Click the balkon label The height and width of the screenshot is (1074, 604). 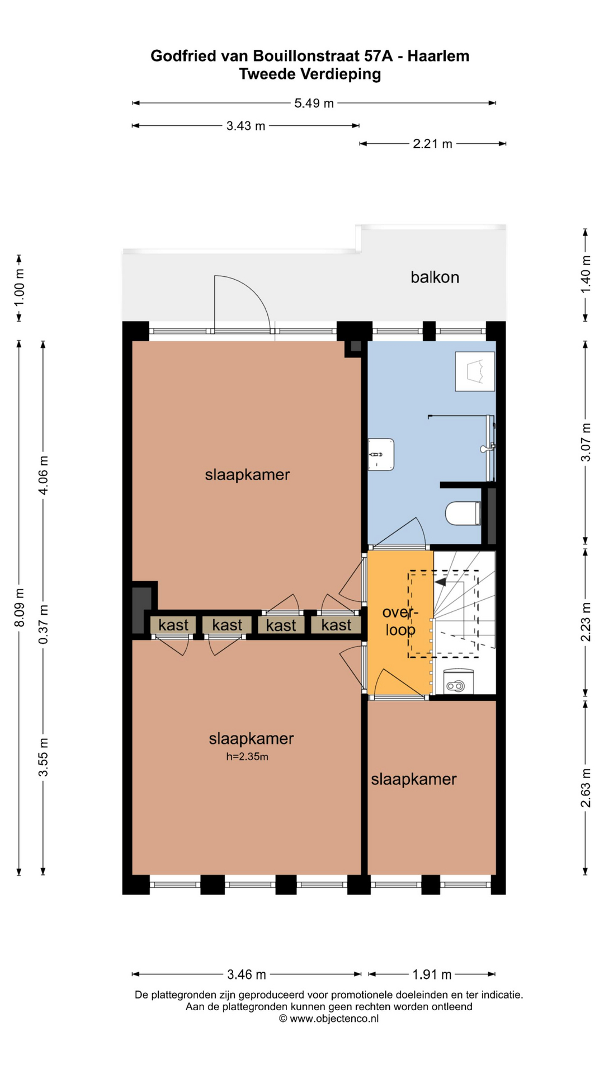435,277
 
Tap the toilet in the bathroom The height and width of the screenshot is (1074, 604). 463,514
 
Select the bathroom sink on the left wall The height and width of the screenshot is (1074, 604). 381,454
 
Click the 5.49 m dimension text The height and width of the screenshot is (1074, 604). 314,103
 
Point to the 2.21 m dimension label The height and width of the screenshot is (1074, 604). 432,144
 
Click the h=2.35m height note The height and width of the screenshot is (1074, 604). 247,757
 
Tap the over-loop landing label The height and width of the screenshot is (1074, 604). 399,621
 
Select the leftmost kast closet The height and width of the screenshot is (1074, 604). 173,625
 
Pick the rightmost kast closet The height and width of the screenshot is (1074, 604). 336,625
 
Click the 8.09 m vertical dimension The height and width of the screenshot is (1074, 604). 19,607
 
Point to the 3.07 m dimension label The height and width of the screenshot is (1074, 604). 586,442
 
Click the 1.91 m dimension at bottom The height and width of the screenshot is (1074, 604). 432,974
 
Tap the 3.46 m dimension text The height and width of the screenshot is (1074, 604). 247,974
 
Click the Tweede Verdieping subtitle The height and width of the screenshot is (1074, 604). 310,74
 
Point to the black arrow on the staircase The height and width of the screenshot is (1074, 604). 440,582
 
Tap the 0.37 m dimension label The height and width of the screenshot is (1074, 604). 43,624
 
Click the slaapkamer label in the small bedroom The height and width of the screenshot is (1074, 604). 414,779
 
